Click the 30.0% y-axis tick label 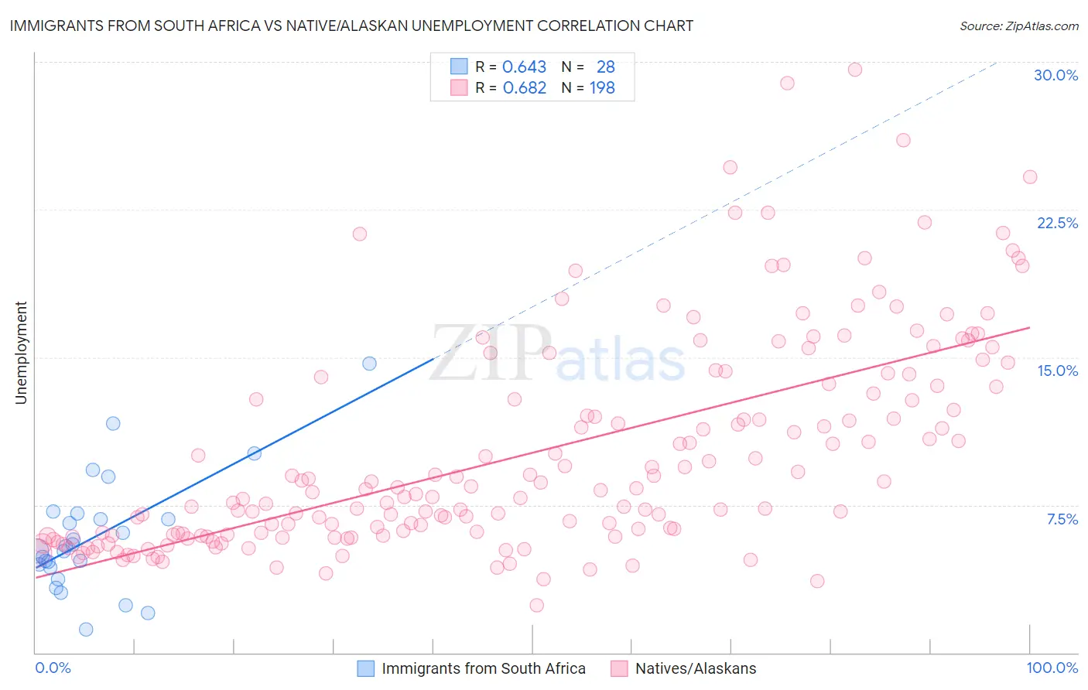[x=1055, y=75]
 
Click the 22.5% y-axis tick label [x=1057, y=223]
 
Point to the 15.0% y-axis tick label [x=1057, y=371]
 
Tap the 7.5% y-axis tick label [x=1062, y=519]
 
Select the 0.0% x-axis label [x=53, y=668]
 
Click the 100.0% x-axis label [x=1052, y=668]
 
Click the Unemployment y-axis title [x=21, y=353]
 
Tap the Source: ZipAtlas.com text [x=1018, y=26]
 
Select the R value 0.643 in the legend [x=524, y=67]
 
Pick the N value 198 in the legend [x=602, y=88]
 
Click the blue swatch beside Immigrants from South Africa [x=365, y=668]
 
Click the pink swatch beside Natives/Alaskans [x=619, y=668]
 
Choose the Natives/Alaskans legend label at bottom [x=696, y=668]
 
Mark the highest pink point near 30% [x=855, y=70]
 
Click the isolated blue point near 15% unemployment [x=370, y=364]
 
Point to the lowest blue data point [x=86, y=630]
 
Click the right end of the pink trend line [x=1030, y=327]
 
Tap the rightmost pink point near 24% [x=1030, y=177]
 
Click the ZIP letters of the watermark [x=491, y=354]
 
